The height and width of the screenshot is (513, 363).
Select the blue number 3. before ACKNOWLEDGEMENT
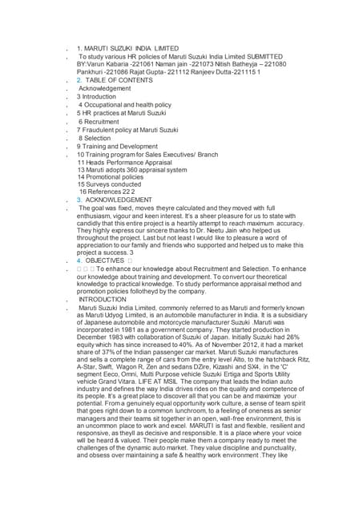click(79, 200)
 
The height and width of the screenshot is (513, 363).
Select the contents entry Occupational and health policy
click(128, 105)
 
